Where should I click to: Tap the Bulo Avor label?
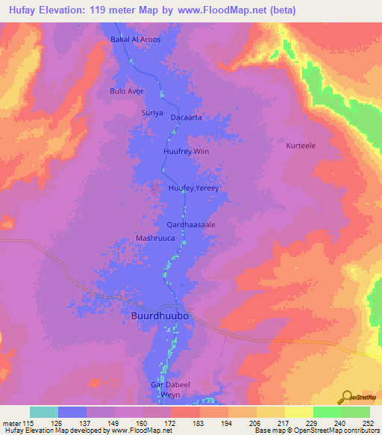tap(126, 91)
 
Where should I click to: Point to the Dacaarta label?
tap(187, 118)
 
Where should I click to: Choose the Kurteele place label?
tap(301, 146)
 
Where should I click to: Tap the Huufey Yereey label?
tap(194, 188)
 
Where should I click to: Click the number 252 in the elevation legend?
tap(368, 423)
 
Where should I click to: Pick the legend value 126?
tap(54, 423)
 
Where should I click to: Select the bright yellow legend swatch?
tap(299, 412)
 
